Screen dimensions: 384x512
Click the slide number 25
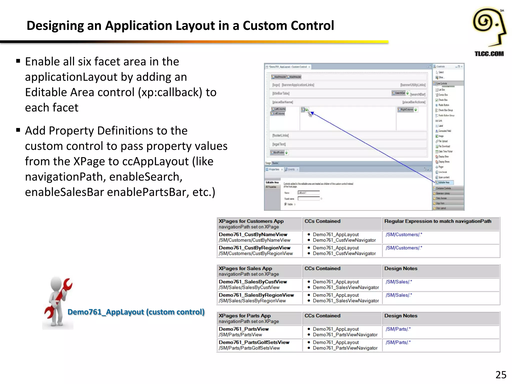point(501,375)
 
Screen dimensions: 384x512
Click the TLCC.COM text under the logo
point(489,53)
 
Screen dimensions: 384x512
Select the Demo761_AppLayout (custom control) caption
point(136,312)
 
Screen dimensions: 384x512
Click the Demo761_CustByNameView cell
point(253,234)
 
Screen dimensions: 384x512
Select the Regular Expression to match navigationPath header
point(437,221)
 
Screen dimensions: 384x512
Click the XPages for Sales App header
point(245,268)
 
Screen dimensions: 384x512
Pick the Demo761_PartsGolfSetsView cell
point(254,342)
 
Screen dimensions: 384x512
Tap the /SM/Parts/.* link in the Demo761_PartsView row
point(398,329)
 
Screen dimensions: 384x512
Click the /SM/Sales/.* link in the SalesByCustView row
point(399,282)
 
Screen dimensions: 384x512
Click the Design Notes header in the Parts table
point(401,316)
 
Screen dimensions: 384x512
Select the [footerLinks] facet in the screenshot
point(280,135)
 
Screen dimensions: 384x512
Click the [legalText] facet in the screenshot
point(279,144)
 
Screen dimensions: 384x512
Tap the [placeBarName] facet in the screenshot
point(282,102)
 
